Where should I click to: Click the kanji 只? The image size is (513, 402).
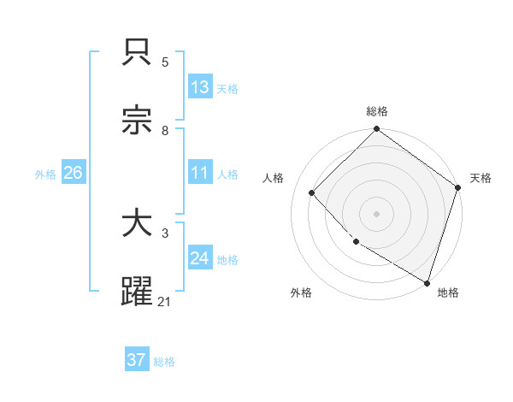[x=138, y=53]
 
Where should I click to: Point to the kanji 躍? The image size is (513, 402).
[x=138, y=291]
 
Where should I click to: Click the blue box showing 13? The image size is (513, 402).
[x=200, y=86]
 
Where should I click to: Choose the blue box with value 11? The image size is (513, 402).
[x=200, y=173]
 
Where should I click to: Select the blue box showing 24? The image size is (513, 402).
[x=200, y=257]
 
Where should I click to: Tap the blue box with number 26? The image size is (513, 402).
[x=73, y=173]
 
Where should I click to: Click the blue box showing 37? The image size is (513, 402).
[x=136, y=360]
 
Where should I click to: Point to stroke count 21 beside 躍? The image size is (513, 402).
[x=165, y=301]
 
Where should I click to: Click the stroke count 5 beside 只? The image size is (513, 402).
[x=165, y=62]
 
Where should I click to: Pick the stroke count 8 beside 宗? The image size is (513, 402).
[x=165, y=130]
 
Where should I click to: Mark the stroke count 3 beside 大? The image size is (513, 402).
[x=165, y=233]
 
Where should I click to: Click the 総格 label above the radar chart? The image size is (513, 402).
[x=377, y=112]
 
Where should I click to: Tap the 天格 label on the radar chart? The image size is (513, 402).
[x=481, y=179]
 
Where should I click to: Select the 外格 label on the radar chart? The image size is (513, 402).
[x=301, y=293]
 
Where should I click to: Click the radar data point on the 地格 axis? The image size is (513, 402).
[x=427, y=281]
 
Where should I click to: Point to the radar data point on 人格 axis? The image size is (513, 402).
[x=312, y=192]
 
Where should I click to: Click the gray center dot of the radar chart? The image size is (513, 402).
[x=377, y=213]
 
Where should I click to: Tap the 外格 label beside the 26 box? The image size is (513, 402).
[x=45, y=174]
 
